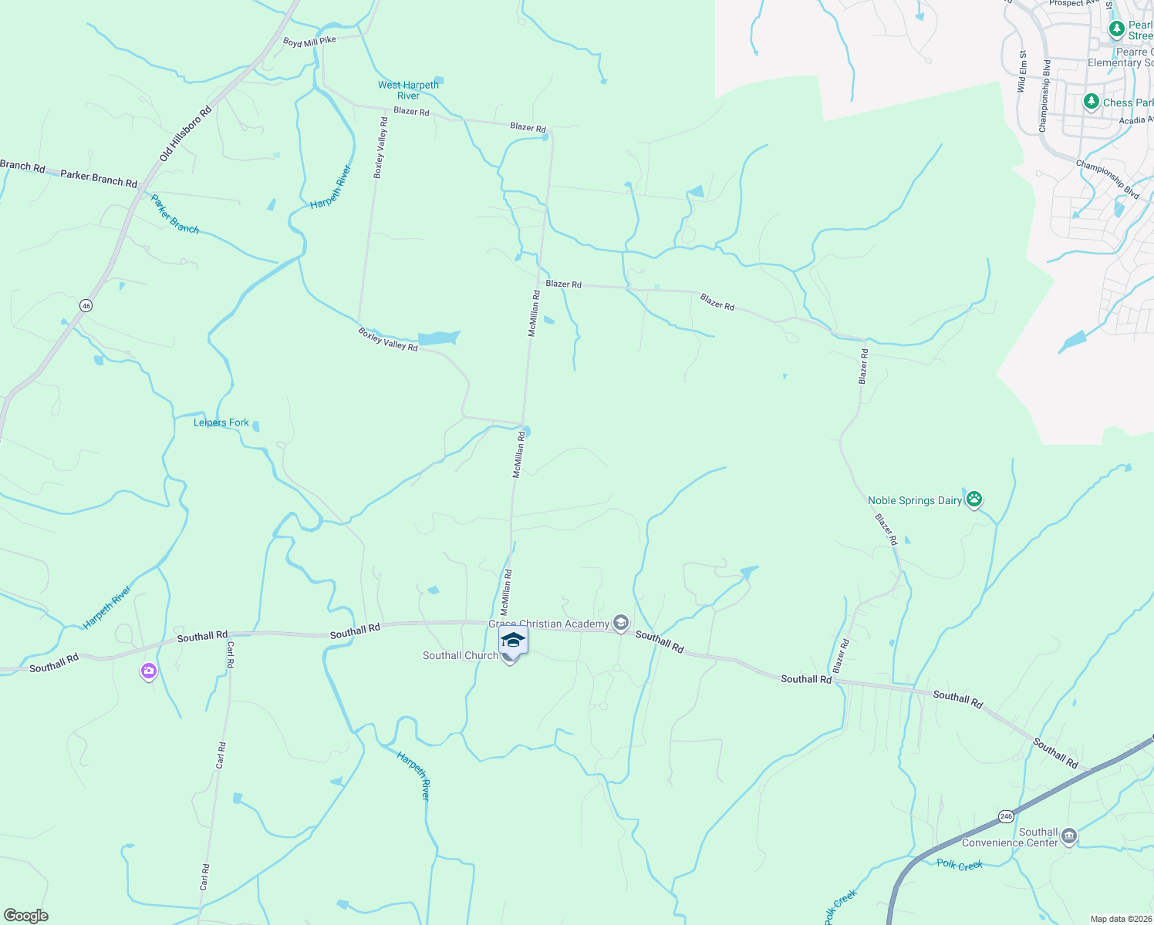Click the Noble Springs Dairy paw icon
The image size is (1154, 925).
point(974,499)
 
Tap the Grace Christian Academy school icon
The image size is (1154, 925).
point(621,623)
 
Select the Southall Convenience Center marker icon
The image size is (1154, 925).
point(1068,836)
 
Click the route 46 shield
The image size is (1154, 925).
point(86,306)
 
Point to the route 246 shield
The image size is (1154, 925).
point(1006,816)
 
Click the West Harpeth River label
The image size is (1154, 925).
point(408,90)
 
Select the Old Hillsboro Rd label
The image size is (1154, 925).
point(185,134)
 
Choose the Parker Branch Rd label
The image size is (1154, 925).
point(99,178)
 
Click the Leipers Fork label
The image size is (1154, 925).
point(221,422)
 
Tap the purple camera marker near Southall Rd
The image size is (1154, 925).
point(149,671)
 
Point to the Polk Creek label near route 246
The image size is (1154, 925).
point(960,865)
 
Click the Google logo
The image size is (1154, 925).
point(26,916)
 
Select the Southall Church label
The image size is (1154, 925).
point(461,656)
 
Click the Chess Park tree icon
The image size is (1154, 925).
point(1091,102)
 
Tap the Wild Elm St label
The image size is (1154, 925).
point(1021,72)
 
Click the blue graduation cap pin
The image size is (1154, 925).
point(514,640)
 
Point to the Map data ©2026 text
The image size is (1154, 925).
point(1121,919)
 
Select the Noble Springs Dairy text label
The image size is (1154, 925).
point(915,500)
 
